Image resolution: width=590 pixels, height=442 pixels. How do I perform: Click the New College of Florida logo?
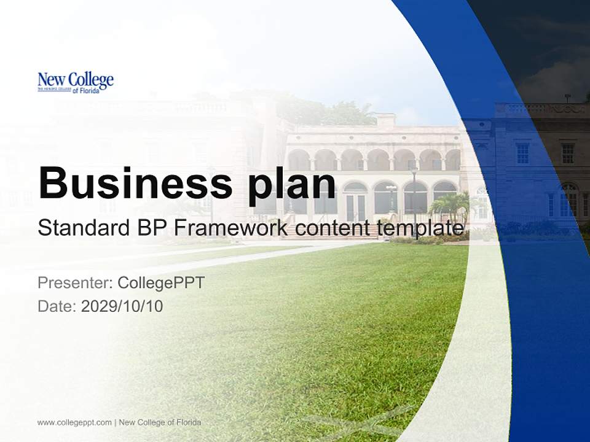coord(76,82)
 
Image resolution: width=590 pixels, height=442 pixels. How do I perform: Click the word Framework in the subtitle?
coord(231,228)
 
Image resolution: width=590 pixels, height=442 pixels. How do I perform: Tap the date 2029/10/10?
coord(122,306)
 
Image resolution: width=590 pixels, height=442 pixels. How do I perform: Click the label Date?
coord(57,306)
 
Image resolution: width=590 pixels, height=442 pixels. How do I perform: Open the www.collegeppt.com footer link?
coord(74,422)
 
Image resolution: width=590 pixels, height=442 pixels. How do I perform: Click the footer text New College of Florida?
coord(160,422)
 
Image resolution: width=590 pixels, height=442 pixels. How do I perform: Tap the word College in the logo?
coord(91,79)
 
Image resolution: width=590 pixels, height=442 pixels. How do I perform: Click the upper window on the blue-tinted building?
coord(522,153)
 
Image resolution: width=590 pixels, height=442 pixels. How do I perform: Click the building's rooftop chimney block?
coord(386,121)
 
